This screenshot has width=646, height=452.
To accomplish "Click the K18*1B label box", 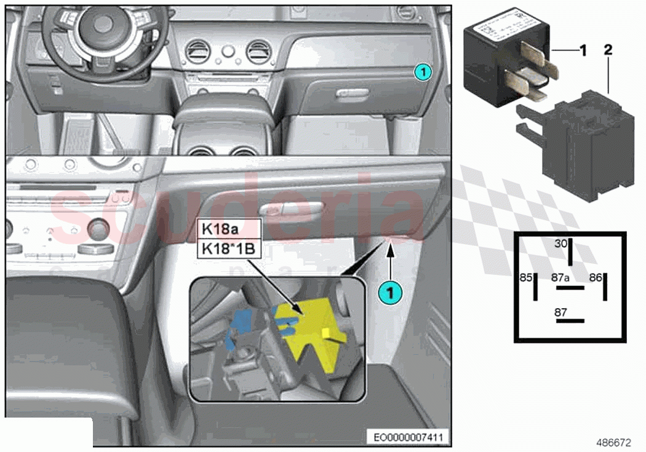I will [228, 250].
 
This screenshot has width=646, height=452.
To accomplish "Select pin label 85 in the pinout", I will [525, 278].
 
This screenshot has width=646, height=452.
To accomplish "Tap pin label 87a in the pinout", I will [560, 278].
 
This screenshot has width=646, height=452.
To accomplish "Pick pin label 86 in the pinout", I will [595, 278].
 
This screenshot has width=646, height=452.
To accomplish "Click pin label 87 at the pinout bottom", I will [560, 312].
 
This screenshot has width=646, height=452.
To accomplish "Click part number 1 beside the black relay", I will [583, 50].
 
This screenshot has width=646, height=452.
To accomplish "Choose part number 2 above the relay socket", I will [608, 50].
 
